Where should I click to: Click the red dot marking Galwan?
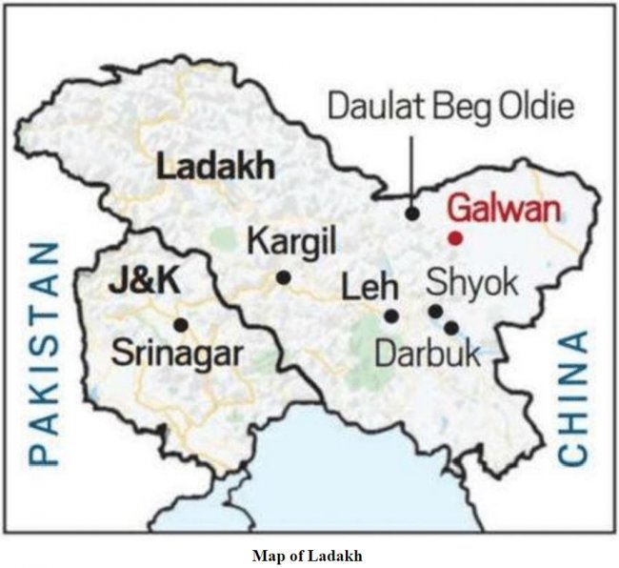[x=456, y=236]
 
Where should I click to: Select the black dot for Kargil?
[x=284, y=277]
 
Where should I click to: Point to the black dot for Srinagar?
[x=181, y=324]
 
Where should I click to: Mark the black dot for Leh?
[x=391, y=315]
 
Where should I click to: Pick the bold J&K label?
[x=147, y=283]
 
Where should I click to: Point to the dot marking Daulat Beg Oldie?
[x=412, y=213]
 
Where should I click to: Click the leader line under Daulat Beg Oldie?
[x=411, y=167]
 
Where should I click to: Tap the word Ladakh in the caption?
[x=341, y=553]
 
